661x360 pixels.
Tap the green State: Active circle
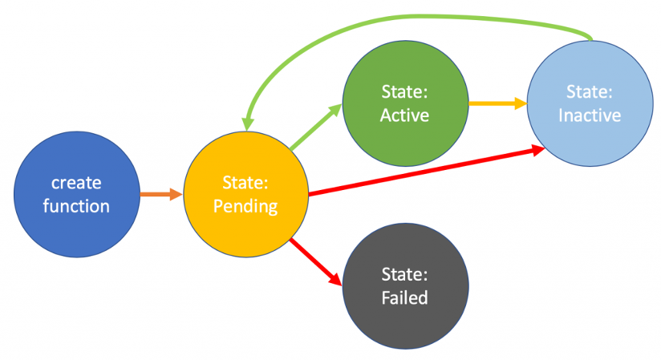pos(404,103)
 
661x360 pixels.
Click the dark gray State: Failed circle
pos(404,286)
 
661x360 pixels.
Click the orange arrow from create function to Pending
pos(161,194)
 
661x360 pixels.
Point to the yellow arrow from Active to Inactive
pos(497,103)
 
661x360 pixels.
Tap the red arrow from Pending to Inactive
pos(417,170)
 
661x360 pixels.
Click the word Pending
pos(246,206)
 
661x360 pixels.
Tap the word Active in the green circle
pos(404,115)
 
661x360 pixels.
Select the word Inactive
pos(589,115)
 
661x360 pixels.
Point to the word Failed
pos(404,297)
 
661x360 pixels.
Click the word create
pos(76,184)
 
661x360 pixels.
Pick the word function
pos(76,206)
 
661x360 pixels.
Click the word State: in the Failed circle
pos(404,275)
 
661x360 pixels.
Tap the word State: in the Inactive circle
pos(589,91)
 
